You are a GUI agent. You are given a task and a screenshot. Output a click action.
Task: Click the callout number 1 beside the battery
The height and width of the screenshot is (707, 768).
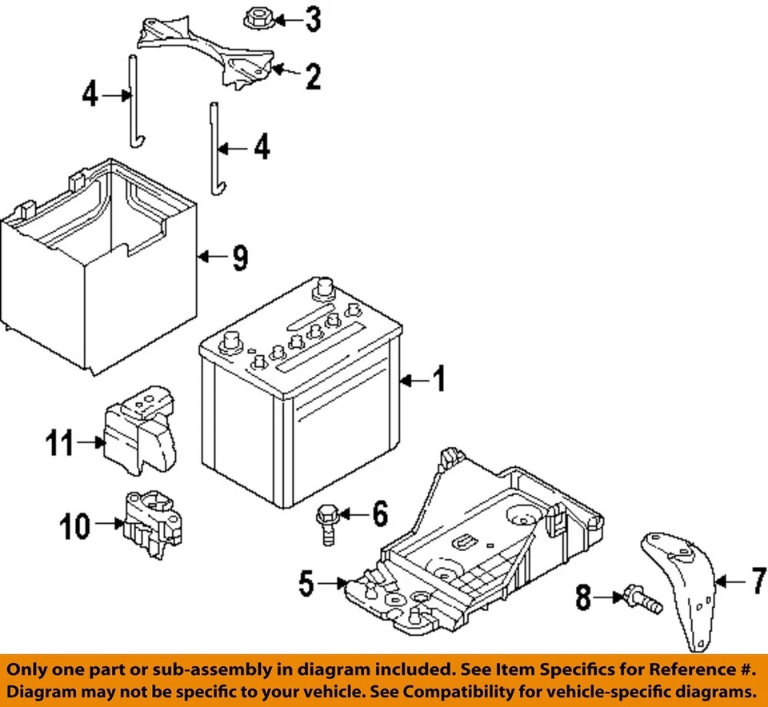[438, 381]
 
